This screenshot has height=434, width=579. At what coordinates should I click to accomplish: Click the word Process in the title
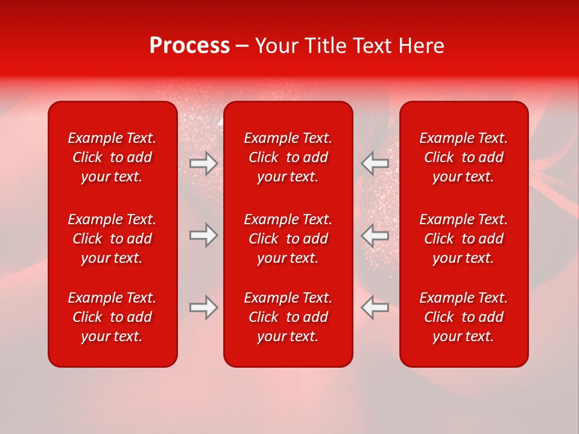coord(189,46)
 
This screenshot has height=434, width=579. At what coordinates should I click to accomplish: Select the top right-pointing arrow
coord(204,163)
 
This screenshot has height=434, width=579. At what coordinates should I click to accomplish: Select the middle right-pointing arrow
coord(204,235)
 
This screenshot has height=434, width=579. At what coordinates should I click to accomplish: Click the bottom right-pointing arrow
coord(204,307)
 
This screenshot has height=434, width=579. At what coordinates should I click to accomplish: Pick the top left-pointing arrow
coord(375,163)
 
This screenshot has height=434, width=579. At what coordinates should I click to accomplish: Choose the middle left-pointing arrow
coord(375,235)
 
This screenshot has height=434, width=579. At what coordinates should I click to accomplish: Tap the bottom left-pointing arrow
coord(375,307)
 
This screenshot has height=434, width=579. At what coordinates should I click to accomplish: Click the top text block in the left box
coord(112,157)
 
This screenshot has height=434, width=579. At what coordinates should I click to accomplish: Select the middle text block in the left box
coord(112,239)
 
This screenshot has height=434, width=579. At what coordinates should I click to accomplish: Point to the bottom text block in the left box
coord(112,317)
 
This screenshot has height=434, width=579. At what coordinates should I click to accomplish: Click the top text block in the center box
coord(288,157)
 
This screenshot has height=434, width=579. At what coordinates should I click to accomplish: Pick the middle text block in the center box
coord(288,239)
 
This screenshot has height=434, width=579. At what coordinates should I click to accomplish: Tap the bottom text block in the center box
coord(288,317)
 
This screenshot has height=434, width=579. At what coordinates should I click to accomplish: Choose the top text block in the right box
coord(464,157)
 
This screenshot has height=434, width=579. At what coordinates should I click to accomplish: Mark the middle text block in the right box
coord(464,239)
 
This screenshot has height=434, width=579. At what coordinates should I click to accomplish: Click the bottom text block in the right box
coord(464,317)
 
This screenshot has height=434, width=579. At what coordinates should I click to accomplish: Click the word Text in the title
coord(373,46)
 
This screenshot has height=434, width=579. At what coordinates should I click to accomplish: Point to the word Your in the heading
coord(276,46)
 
